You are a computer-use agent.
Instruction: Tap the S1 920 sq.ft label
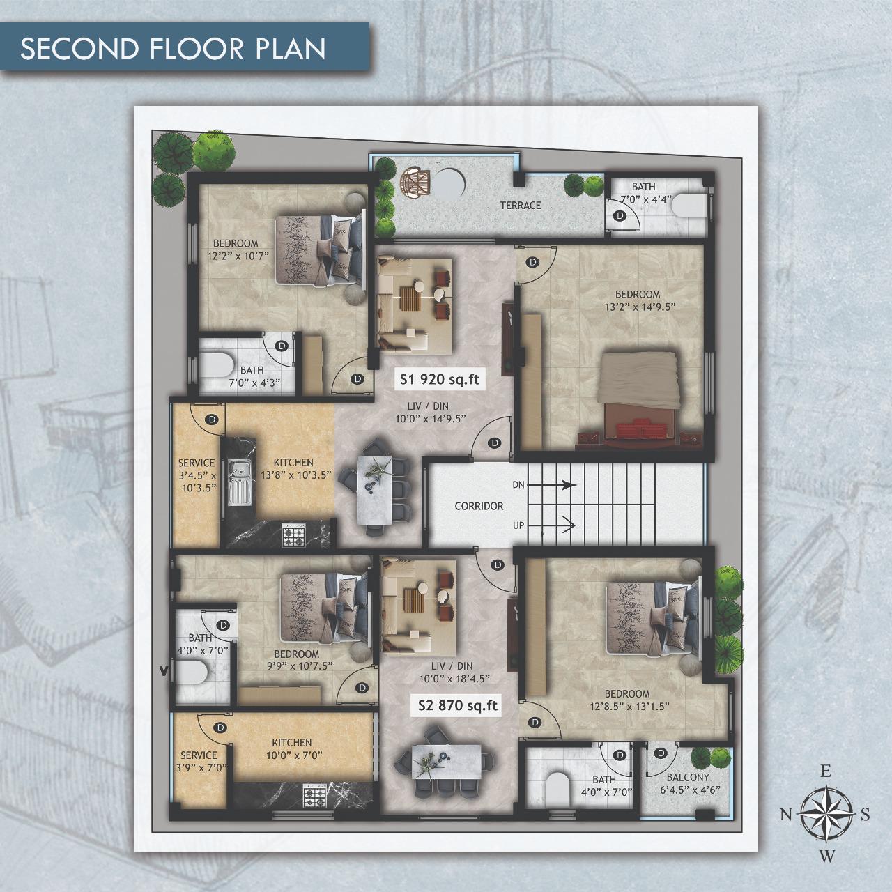click(x=439, y=380)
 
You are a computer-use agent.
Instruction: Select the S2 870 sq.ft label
click(x=458, y=705)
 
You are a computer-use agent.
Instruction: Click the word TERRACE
click(x=521, y=205)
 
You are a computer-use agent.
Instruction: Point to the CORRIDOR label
click(x=479, y=506)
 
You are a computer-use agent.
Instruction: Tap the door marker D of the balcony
click(x=661, y=753)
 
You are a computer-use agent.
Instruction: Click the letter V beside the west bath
click(x=162, y=669)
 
